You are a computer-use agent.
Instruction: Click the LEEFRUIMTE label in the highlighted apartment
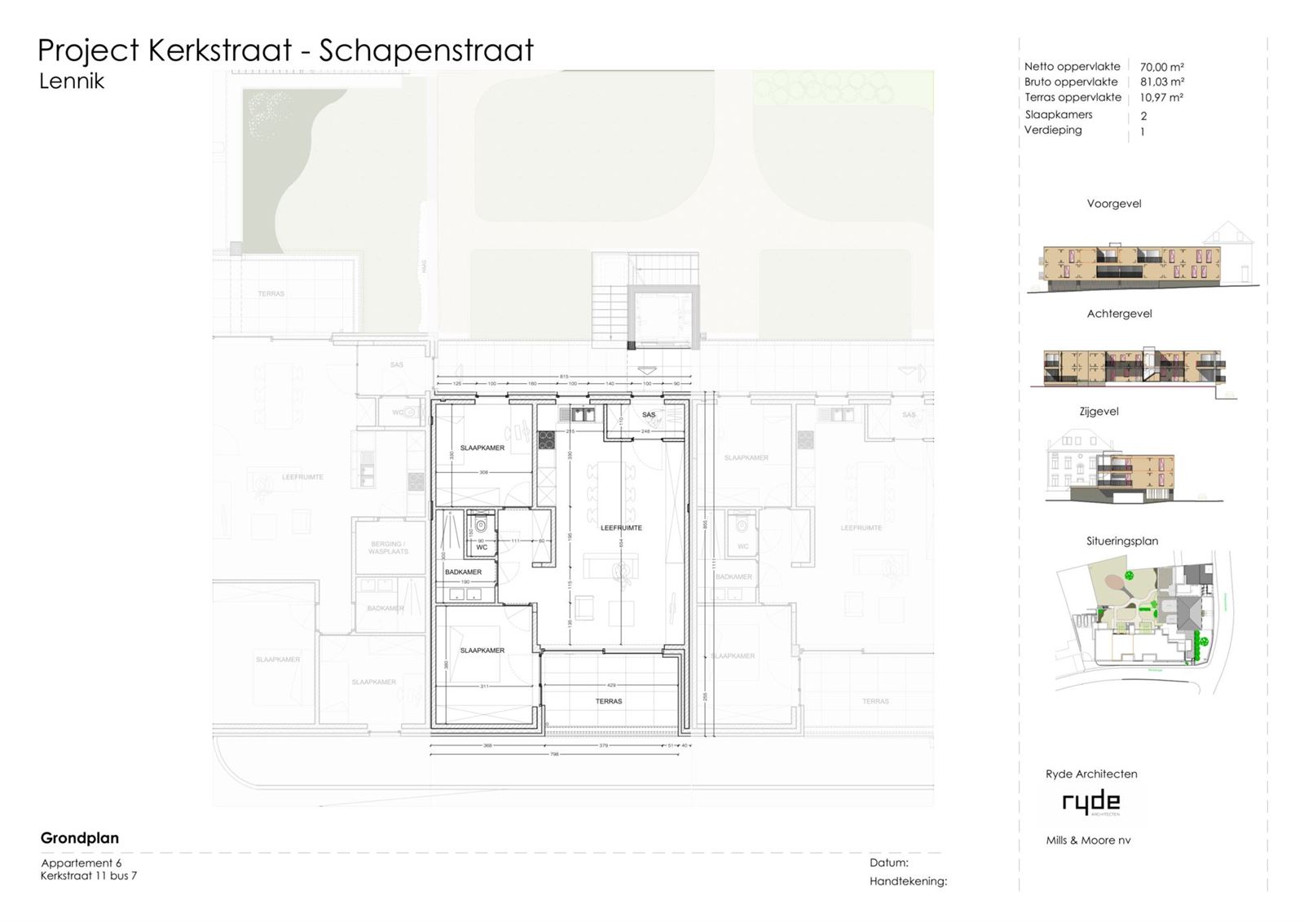621,527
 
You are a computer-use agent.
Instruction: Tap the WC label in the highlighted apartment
482,547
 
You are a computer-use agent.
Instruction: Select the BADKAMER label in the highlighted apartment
463,571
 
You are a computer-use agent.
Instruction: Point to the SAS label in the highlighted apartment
649,415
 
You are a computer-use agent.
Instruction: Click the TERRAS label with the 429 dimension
609,701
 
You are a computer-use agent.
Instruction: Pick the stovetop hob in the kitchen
546,439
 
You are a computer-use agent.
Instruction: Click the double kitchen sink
582,414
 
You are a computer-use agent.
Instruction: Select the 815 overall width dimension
564,376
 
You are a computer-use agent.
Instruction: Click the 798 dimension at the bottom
554,754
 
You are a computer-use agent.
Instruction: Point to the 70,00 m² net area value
1161,67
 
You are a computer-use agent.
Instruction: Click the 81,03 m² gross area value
1161,82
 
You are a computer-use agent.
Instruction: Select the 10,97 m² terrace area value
1161,97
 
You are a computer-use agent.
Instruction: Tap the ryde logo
1090,802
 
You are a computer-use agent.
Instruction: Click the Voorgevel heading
1113,204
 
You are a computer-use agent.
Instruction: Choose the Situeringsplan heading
1121,540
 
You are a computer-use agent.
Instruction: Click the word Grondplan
80,838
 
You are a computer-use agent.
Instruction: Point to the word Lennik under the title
72,81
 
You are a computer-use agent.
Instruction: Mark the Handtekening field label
908,881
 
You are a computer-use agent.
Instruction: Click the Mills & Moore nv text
1088,840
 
